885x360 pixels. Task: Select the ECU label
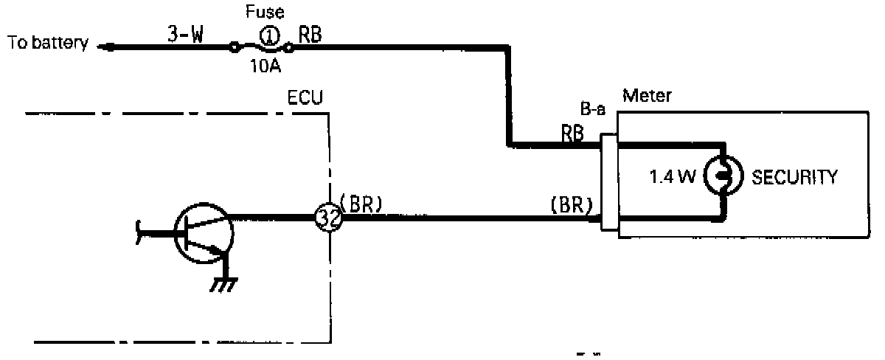click(305, 97)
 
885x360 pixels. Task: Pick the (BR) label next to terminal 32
click(361, 206)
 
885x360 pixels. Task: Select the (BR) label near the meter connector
click(572, 206)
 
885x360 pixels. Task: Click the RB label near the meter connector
click(573, 133)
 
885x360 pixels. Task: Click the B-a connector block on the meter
click(609, 181)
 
